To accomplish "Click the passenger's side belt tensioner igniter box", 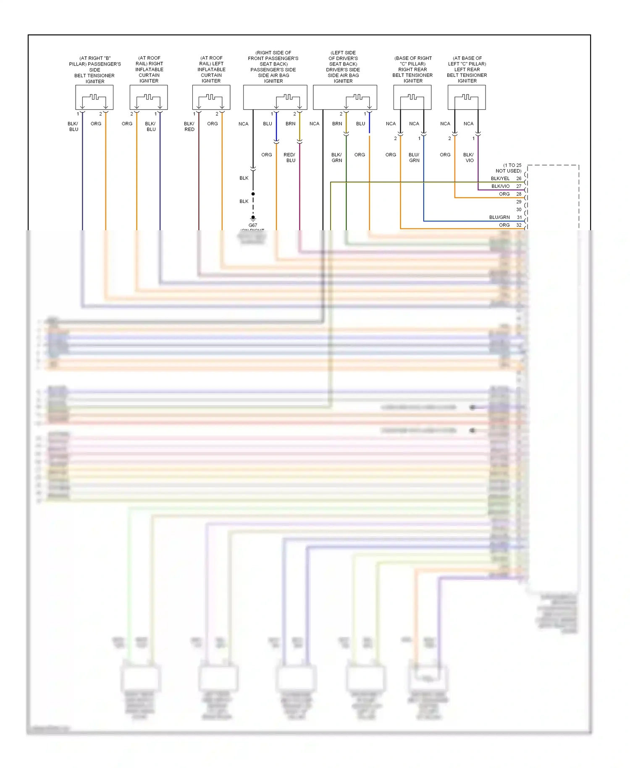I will coord(94,97).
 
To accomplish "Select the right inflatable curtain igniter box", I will coord(149,97).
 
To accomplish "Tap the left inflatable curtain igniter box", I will coord(211,97).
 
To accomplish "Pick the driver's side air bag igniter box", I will coord(345,97).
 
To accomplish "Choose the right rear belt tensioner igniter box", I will coord(412,97).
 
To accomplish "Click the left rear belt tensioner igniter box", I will coord(467,97).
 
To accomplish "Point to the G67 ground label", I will coord(253,225).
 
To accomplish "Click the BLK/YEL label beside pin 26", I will coord(500,179).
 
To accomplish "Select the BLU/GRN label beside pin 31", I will coord(499,217).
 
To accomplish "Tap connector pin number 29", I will coord(519,202).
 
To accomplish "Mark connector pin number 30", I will coord(519,210).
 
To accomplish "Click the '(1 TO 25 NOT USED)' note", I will coord(509,168).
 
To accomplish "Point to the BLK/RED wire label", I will coord(189,126).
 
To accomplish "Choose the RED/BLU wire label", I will coord(290,158).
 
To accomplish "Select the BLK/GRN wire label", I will coord(337,158).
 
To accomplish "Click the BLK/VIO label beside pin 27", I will coord(501,186).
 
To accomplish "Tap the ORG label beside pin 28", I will coord(504,194).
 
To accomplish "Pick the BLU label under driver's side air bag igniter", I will coord(360,124).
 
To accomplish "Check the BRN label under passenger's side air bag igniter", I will coord(290,124).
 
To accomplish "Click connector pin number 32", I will coord(519,225).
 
